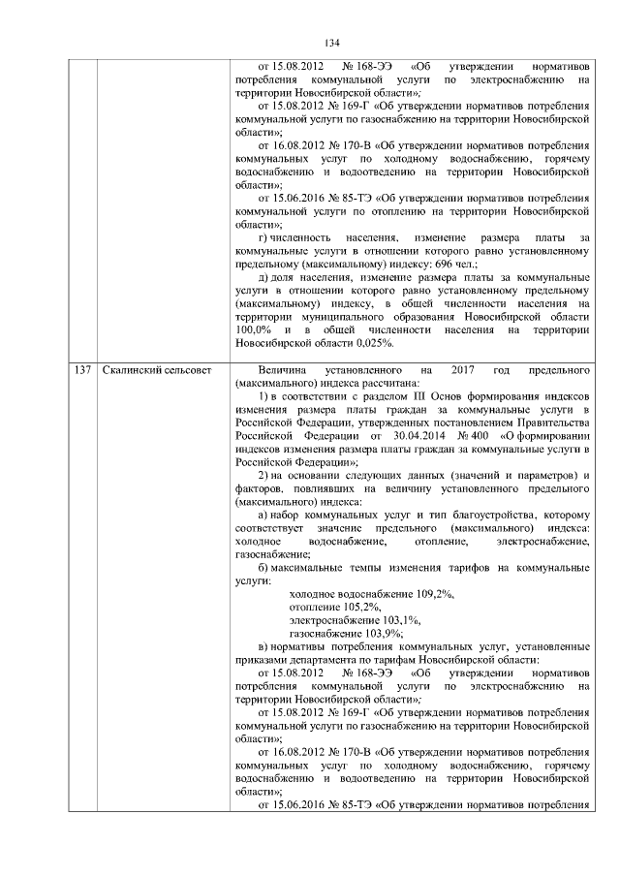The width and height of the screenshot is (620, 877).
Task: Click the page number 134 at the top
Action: click(x=331, y=42)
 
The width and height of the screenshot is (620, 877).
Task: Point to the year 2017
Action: click(x=464, y=370)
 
